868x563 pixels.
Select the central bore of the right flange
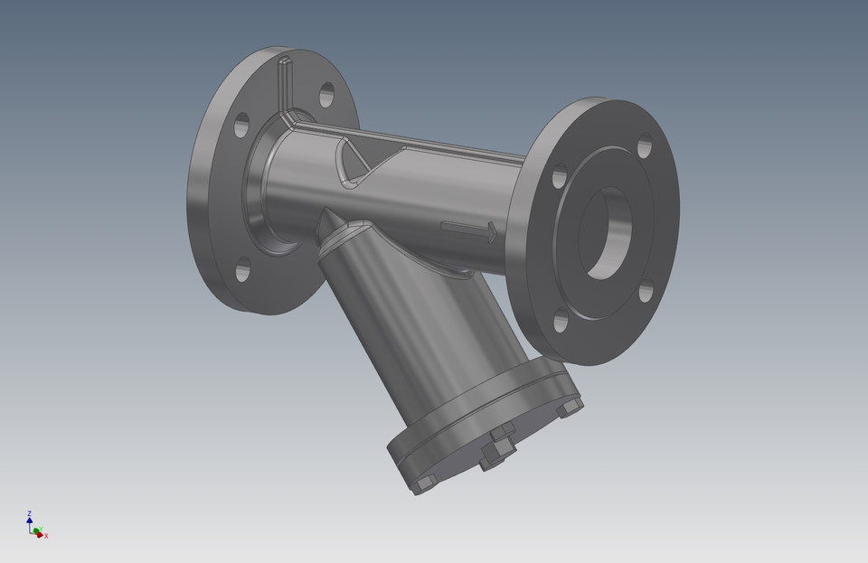(603, 233)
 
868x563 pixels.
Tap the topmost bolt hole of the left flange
(326, 94)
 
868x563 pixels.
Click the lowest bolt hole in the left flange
(243, 268)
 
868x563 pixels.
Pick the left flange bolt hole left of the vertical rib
(241, 126)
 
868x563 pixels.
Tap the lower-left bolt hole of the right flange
(561, 319)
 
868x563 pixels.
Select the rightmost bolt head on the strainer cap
(571, 408)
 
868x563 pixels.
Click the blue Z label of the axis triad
(30, 513)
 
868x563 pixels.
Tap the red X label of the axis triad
(46, 536)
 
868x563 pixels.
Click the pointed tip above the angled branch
(324, 213)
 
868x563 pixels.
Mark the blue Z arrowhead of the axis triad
(30, 521)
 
